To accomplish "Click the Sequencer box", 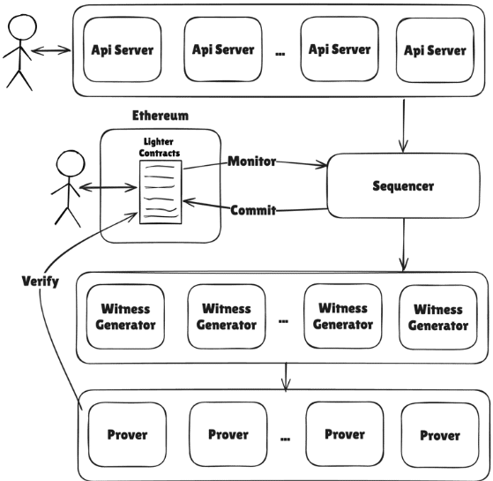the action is point(403,185).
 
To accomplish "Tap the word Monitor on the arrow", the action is point(252,161).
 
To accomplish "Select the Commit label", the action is point(253,210).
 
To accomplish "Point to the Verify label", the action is point(41,281).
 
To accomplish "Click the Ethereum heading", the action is point(161,116).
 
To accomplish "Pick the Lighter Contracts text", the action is point(159,147).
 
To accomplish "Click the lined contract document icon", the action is point(161,192).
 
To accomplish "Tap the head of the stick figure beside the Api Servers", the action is point(22,26).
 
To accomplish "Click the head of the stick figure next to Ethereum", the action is point(71,163).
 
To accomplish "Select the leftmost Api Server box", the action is point(123,49).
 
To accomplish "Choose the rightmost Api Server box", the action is point(435,50).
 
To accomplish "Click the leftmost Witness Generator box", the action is point(125,317).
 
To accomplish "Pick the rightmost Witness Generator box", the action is point(438,318).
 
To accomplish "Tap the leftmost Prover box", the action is point(127,435).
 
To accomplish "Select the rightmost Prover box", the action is point(440,435).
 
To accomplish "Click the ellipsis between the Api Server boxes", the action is point(280,54).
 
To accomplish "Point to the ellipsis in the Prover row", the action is point(285,440).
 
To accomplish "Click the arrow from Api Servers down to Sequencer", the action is point(404,126).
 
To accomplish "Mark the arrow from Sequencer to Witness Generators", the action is point(404,244).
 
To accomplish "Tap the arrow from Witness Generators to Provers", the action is point(286,377).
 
